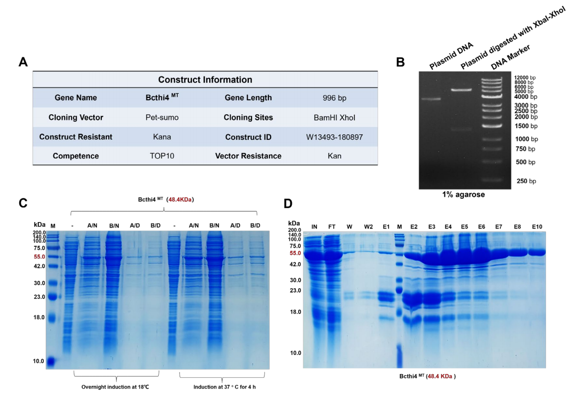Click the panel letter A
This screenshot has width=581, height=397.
pos(23,62)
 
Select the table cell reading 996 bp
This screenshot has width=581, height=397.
pos(334,98)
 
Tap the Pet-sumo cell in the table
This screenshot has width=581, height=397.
pos(159,118)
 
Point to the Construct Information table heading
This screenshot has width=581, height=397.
pos(205,80)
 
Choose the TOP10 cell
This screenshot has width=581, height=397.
pos(159,156)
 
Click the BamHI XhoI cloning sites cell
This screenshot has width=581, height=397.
pos(334,118)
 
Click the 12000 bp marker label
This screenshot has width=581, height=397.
pos(526,77)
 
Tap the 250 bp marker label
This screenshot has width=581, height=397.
pos(525,181)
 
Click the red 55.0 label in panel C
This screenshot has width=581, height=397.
pos(39,257)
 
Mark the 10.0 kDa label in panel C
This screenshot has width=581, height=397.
pos(39,361)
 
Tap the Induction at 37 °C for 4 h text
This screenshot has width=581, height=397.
pos(224,387)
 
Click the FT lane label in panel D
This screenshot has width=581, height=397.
pos(332,226)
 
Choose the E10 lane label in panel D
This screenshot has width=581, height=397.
pos(538,226)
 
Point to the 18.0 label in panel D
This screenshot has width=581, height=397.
pos(296,312)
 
